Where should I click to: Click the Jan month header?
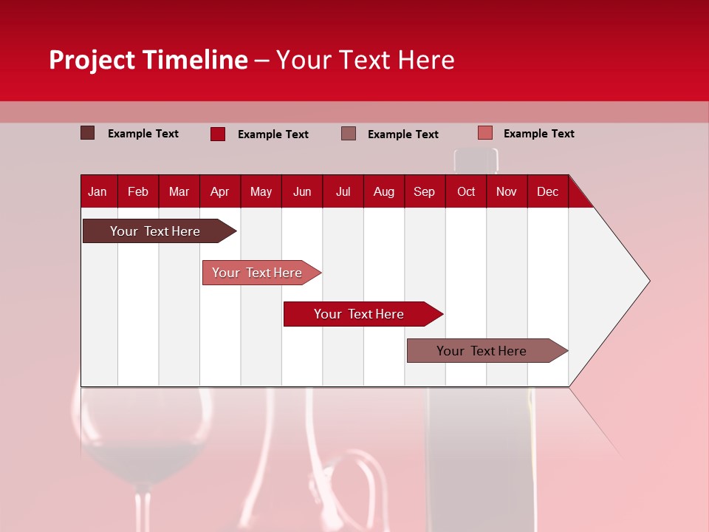click(97, 192)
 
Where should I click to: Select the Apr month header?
click(219, 192)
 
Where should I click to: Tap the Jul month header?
click(343, 192)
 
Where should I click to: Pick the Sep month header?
click(424, 192)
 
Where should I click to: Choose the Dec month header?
click(547, 192)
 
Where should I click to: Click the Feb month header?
click(138, 192)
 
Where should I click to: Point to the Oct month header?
click(466, 192)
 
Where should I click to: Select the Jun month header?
click(302, 192)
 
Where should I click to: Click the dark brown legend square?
click(87, 133)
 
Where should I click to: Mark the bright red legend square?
click(217, 134)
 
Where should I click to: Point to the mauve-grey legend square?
click(349, 133)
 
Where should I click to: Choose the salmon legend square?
click(484, 133)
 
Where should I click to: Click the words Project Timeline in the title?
click(148, 60)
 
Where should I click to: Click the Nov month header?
click(507, 192)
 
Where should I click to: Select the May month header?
click(261, 192)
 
